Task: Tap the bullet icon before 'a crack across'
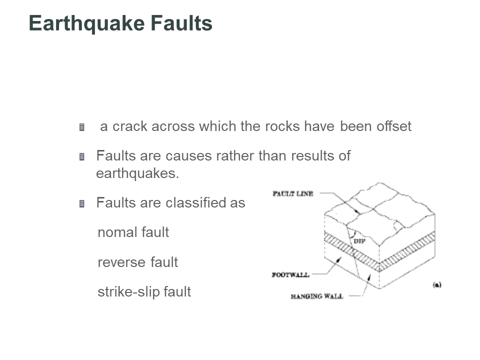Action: (81, 127)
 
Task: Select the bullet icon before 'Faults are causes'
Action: (81, 157)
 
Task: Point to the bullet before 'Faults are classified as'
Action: (81, 204)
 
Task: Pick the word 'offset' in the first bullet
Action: (393, 126)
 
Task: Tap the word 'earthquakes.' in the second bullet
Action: (137, 174)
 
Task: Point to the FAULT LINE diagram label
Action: (293, 193)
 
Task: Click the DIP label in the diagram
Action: (359, 241)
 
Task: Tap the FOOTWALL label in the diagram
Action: (290, 274)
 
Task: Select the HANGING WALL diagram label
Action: (316, 296)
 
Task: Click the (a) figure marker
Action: (436, 285)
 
